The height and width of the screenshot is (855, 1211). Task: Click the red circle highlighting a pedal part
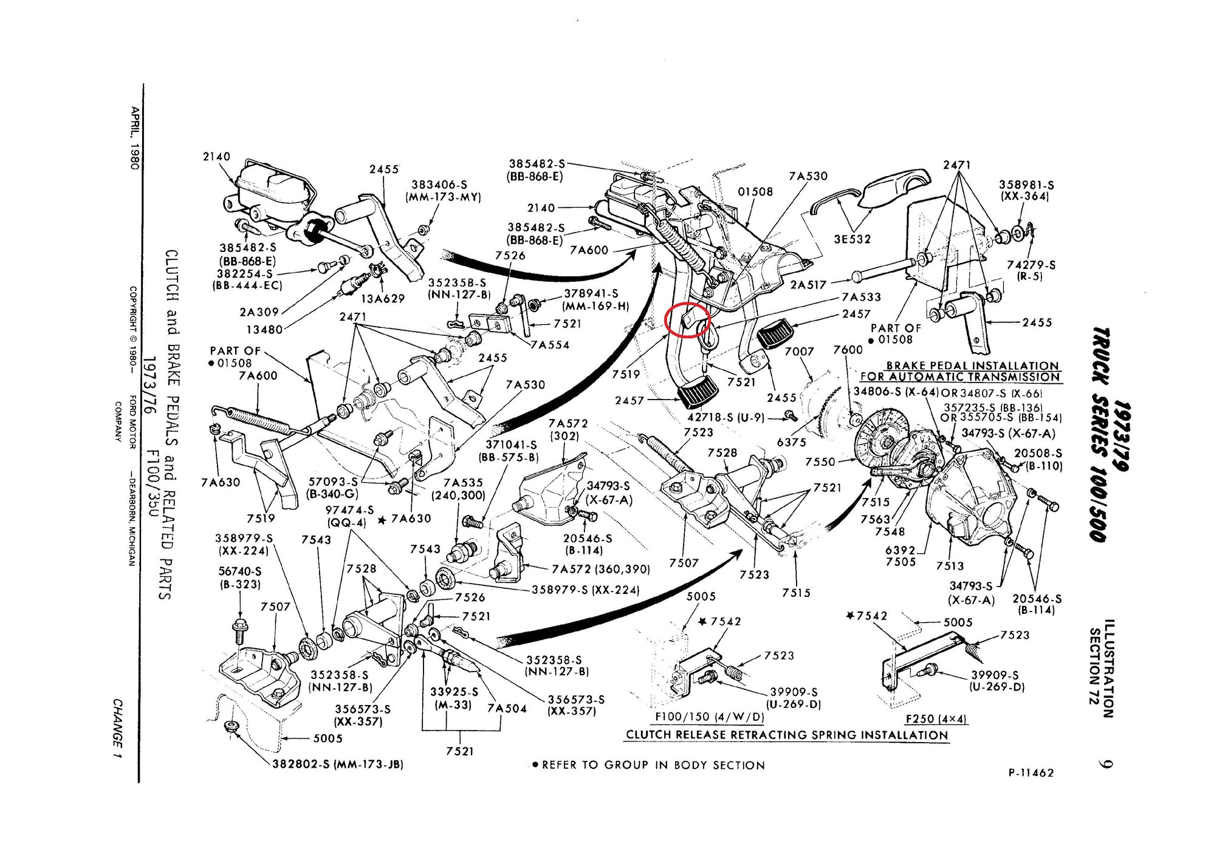[x=687, y=321]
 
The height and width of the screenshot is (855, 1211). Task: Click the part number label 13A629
[x=383, y=299]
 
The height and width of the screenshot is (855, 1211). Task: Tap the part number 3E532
[x=852, y=239]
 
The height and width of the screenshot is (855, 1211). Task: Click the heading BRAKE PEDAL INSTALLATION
[x=972, y=366]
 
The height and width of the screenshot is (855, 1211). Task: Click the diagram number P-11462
[x=1031, y=772]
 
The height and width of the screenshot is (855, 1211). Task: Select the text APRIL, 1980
[x=134, y=138]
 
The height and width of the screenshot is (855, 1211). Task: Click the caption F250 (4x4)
[x=936, y=719]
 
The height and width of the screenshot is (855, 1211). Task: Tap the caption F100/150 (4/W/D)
[x=709, y=717]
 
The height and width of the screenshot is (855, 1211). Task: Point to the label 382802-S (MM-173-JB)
[x=338, y=764]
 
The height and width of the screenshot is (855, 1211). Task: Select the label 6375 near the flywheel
[x=791, y=442]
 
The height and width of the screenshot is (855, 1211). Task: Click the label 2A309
[x=259, y=312]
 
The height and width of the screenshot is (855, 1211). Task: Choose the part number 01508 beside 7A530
[x=755, y=192]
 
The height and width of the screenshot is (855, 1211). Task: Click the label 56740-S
[x=239, y=571]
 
